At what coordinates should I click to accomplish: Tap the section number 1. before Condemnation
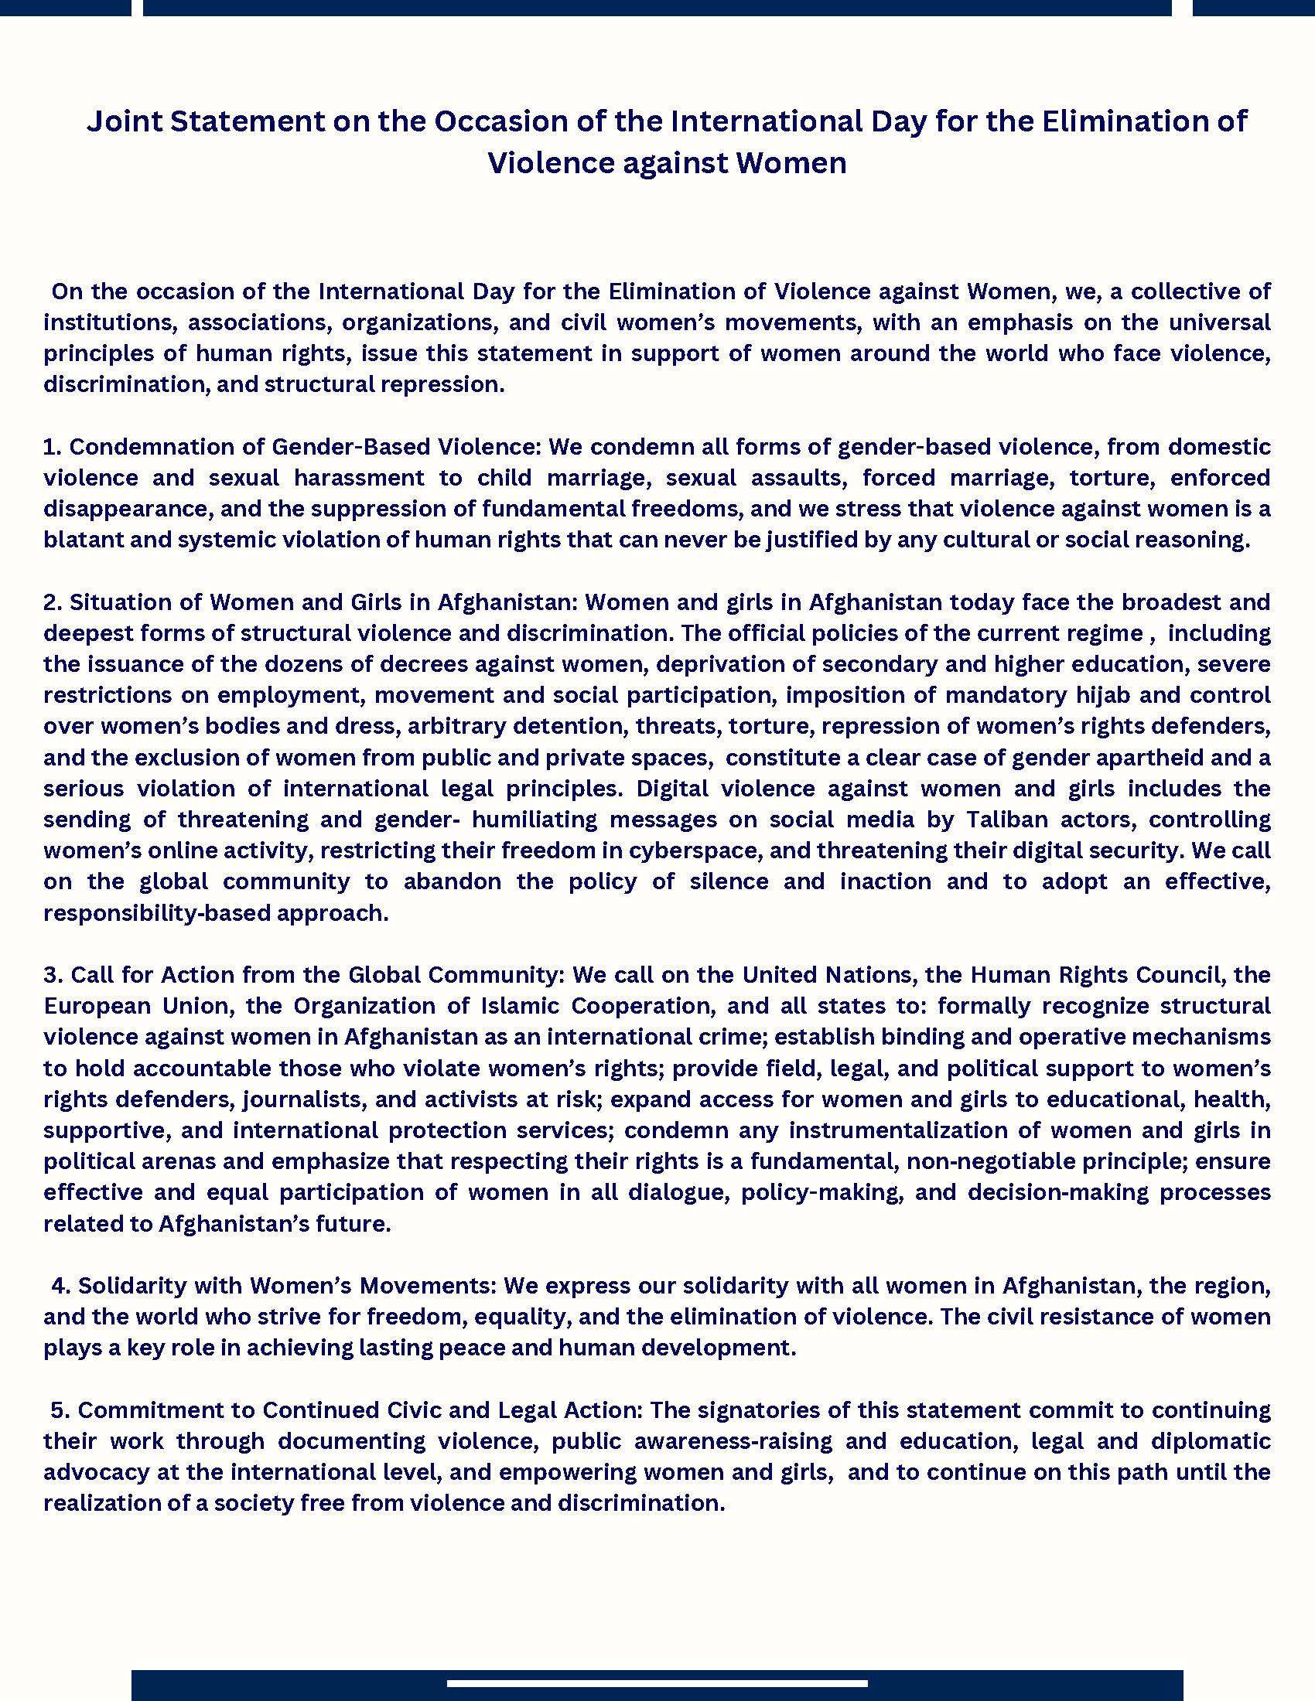coord(52,447)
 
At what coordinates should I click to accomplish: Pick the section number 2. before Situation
coord(52,602)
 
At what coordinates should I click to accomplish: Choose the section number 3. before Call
coord(53,975)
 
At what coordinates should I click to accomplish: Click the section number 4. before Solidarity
coord(61,1286)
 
